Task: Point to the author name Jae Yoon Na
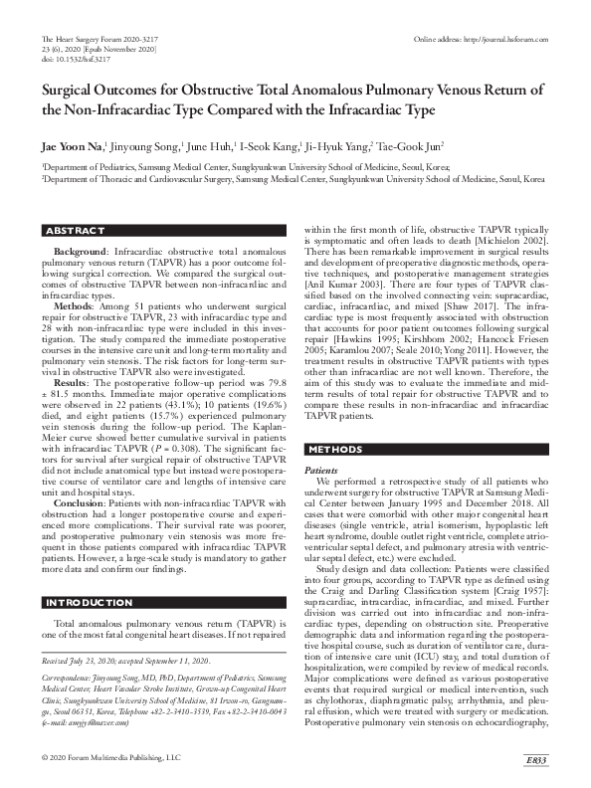(x=73, y=145)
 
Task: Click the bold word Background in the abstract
(x=80, y=254)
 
